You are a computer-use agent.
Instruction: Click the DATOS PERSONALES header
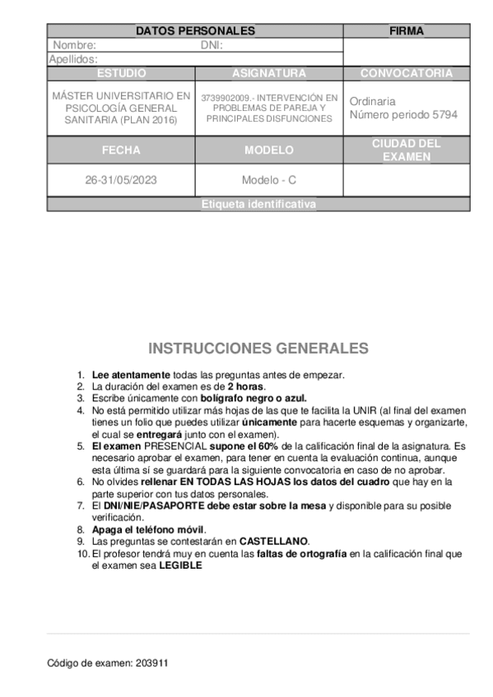195,31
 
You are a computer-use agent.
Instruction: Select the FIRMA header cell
407,31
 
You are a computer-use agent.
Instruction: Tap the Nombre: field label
75,45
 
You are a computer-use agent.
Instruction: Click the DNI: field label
212,45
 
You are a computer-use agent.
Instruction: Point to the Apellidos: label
74,59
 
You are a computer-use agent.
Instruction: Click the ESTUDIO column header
121,73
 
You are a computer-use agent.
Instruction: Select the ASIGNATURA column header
269,73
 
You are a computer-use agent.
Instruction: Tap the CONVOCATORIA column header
407,73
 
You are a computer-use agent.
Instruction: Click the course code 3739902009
224,98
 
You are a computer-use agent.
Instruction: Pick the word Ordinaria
372,101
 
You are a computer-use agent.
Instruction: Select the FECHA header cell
121,150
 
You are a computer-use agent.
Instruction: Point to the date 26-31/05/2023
121,180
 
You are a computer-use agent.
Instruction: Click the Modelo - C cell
269,180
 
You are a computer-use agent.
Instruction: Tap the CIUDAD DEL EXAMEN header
407,150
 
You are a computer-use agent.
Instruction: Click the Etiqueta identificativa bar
258,205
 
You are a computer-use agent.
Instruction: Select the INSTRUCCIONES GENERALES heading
258,348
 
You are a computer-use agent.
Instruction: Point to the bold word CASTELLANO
274,542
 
